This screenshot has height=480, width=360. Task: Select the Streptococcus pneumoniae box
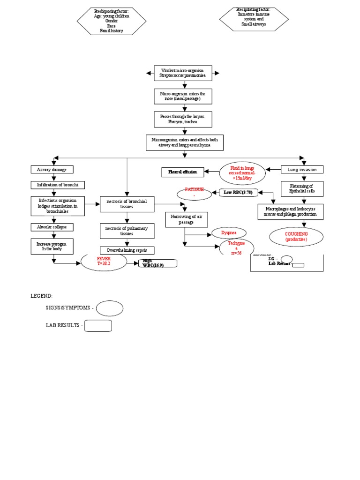coord(183,73)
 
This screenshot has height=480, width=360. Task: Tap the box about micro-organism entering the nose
coord(183,97)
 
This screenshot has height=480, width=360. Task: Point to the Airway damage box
coord(52,169)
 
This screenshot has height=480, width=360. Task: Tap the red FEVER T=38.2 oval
coord(104,262)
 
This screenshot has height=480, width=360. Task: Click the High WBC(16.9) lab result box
coord(158,263)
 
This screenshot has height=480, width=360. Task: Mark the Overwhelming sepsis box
coord(127,250)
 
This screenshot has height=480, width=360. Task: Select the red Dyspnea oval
coord(229,232)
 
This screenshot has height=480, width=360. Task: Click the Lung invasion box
coord(302,169)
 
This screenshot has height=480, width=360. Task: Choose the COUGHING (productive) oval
coord(296,237)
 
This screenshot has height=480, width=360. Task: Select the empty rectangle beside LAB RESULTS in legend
coord(98,326)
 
